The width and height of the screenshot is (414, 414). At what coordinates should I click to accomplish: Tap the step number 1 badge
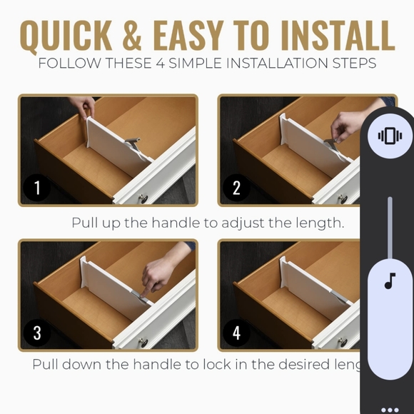[x=37, y=188]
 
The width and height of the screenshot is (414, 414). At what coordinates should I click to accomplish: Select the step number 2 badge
[x=236, y=188]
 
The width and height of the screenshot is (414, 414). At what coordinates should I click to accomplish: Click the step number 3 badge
[x=37, y=333]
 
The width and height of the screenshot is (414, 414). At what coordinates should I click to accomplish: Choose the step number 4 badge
[x=236, y=333]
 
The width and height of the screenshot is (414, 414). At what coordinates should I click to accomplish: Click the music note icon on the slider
[x=390, y=281]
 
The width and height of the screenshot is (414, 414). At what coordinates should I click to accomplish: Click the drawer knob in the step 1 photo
[x=143, y=198]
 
